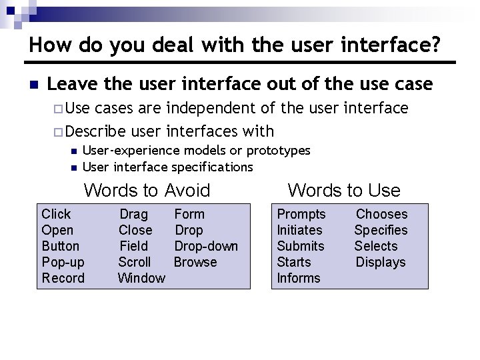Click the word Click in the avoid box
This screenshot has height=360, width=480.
pos(56,214)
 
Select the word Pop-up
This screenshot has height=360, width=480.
pos(63,262)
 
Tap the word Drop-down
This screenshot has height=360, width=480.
pos(206,246)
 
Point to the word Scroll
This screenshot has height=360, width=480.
pos(135,262)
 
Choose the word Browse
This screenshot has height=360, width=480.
pos(195,262)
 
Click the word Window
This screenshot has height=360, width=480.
pos(141,278)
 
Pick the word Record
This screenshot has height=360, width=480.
pos(63,278)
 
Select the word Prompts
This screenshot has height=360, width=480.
pos(301,214)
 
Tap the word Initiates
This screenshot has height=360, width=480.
pos(299,230)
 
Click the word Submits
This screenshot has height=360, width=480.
pos(301,246)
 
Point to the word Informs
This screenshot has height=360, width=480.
pos(299,278)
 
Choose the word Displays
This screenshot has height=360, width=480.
pos(381,262)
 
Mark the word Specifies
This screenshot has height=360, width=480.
pos(381,230)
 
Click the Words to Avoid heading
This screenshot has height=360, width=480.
pos(147,191)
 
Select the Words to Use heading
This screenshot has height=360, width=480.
pos(344,191)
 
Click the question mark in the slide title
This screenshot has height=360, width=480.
pos(434,45)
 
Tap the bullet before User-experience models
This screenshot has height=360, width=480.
pos(73,151)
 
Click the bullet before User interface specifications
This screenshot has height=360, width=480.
pos(73,167)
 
